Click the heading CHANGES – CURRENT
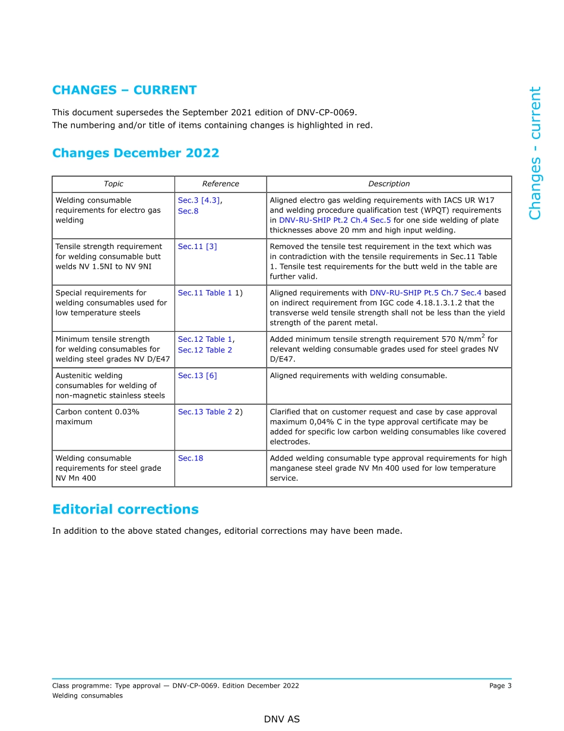124,90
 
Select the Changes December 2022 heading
135,153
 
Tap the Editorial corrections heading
125,509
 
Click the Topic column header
113,184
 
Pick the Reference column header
220,184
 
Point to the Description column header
389,184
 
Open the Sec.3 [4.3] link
199,200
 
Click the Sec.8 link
188,210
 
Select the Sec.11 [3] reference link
197,247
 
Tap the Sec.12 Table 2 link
205,350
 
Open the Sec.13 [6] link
197,376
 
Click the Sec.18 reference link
190,458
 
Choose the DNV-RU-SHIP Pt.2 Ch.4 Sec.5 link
335,220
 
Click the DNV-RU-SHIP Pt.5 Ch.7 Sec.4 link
425,293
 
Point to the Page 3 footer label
500,686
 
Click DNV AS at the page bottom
282,719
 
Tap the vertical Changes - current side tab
535,153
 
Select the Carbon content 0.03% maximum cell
97,417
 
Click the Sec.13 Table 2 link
205,412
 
